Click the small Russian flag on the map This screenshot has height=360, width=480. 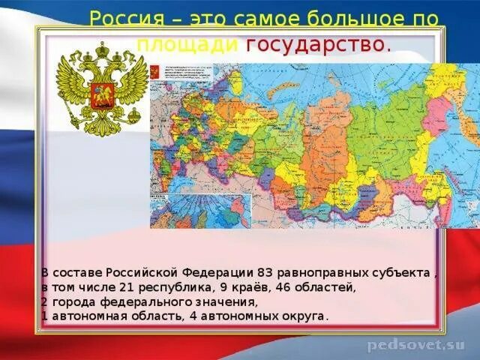pos(154,73)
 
